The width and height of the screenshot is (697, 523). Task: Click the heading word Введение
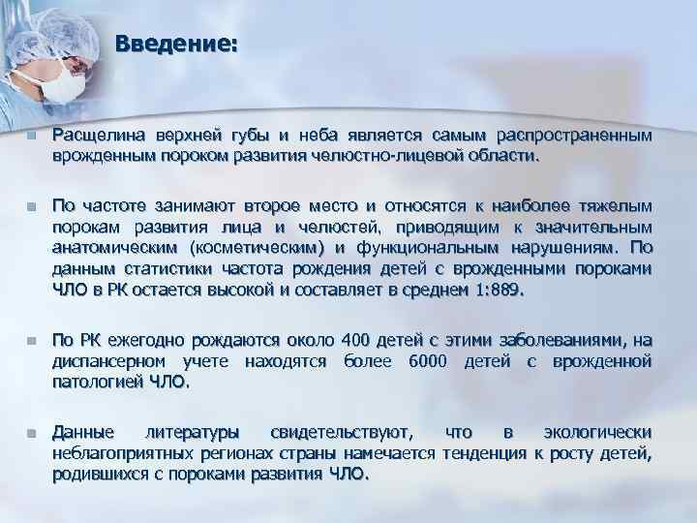(x=173, y=45)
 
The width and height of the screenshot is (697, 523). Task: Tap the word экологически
(x=597, y=431)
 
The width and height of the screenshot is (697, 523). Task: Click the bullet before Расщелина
(x=31, y=138)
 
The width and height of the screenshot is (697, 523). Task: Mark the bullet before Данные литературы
(x=31, y=432)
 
